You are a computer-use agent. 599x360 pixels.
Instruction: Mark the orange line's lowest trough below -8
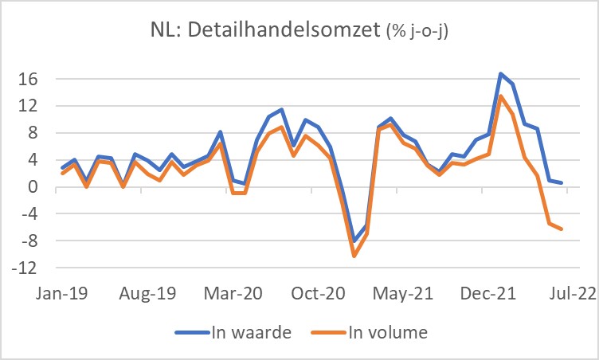pos(354,256)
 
